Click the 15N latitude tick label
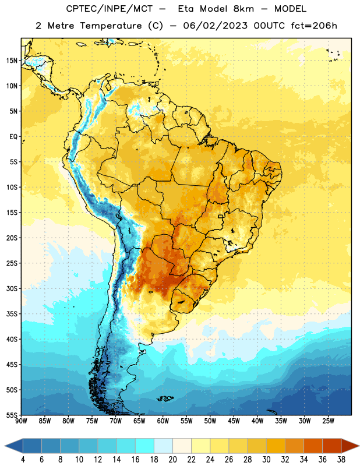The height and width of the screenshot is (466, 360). (x=12, y=61)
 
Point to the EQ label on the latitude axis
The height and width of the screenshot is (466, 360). (x=13, y=137)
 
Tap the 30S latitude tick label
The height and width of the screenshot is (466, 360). (x=12, y=288)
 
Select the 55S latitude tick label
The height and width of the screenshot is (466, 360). (x=12, y=415)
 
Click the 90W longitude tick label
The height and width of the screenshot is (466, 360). (x=21, y=421)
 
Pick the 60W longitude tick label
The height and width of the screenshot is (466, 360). (x=163, y=421)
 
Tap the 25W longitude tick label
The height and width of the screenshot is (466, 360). (x=328, y=421)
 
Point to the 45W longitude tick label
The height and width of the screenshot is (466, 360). (x=234, y=421)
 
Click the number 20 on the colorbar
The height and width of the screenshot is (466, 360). (x=172, y=460)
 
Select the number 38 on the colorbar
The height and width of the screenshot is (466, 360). (x=341, y=460)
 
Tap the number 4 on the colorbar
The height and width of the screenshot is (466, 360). (x=23, y=460)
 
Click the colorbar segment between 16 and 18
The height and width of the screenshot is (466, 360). (x=145, y=446)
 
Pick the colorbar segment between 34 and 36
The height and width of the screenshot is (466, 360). (x=313, y=446)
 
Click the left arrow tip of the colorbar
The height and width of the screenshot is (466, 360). (x=5, y=446)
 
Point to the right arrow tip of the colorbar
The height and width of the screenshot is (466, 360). (x=359, y=446)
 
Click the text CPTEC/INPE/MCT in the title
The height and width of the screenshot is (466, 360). (x=109, y=9)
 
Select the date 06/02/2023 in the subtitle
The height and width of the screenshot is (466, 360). (x=215, y=26)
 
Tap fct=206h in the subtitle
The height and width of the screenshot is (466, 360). (x=314, y=26)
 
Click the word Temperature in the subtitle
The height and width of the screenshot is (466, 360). (x=111, y=26)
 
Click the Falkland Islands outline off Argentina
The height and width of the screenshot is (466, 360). (x=165, y=398)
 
